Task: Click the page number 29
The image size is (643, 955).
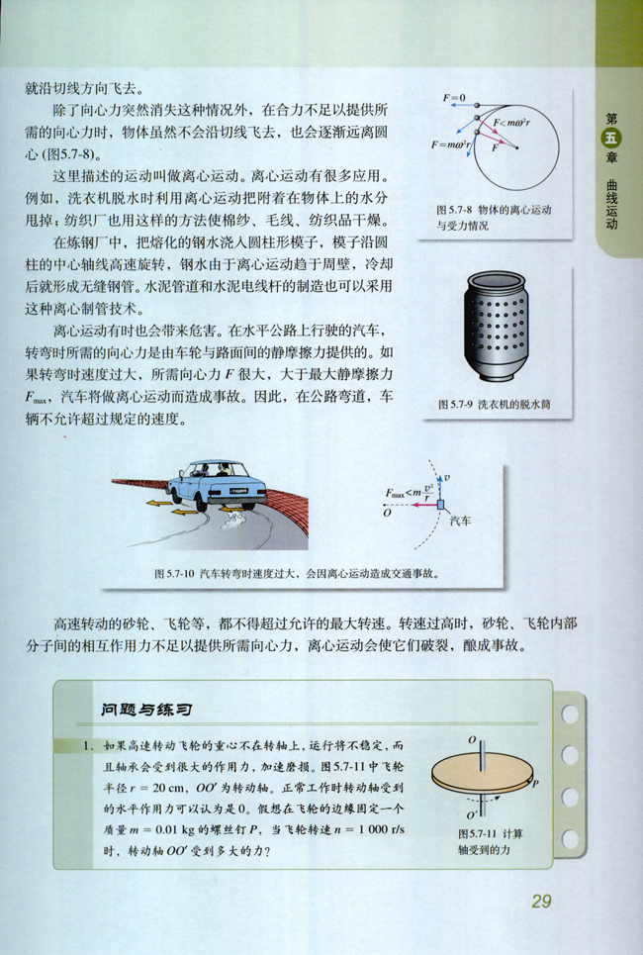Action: pos(541,901)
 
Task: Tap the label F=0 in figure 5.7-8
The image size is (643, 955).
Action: pos(455,97)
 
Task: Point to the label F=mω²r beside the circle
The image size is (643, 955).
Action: pos(450,144)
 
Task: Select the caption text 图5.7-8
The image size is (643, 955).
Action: pos(455,211)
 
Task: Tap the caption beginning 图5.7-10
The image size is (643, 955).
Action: pos(297,572)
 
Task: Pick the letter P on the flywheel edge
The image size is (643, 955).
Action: pos(535,783)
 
